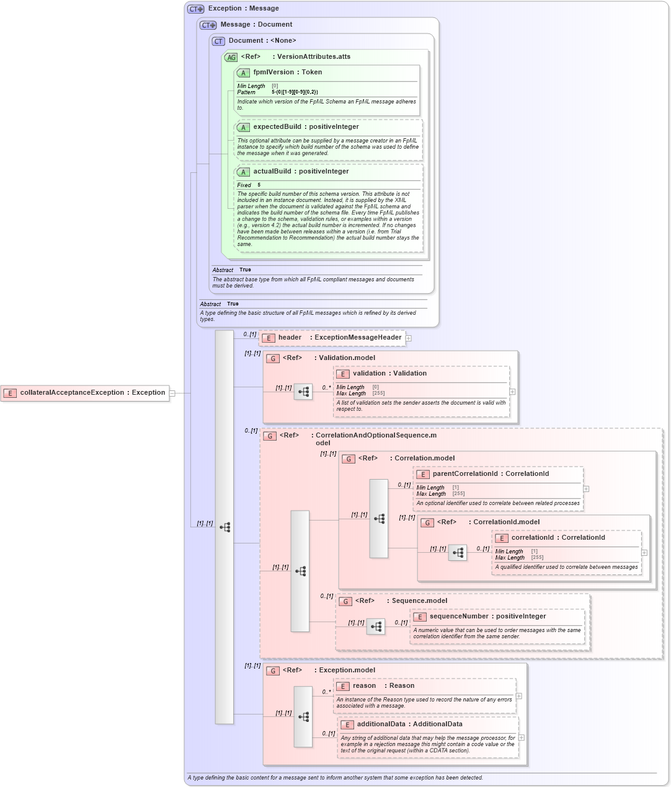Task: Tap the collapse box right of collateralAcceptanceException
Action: click(x=172, y=393)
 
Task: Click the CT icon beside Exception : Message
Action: click(x=196, y=9)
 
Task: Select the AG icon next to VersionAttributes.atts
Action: click(x=231, y=57)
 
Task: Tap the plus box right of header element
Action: click(x=409, y=338)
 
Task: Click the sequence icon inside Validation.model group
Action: click(x=303, y=392)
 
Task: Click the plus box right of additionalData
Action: click(x=522, y=737)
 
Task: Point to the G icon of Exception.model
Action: click(x=273, y=670)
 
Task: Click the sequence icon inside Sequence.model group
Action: click(x=376, y=627)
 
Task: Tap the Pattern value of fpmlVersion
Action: click(x=295, y=92)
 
